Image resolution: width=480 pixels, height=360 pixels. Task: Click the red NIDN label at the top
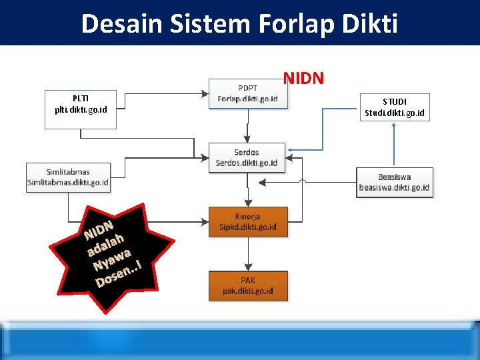point(303,79)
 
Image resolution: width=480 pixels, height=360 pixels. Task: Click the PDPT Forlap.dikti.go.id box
point(248,93)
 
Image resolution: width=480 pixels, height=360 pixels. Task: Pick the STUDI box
point(395,107)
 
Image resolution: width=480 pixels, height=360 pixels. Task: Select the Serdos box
point(247,157)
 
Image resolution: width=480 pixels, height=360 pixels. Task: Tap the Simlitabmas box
point(68,177)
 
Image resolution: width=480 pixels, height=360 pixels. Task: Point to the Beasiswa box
point(394,182)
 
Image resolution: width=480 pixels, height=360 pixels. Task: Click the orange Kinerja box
point(248,221)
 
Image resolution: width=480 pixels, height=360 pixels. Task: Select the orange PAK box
point(248,286)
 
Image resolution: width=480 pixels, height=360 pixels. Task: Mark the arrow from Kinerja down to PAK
point(248,254)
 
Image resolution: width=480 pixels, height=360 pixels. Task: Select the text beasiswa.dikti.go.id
point(394,187)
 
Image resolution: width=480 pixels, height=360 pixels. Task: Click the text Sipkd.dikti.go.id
point(248,227)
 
